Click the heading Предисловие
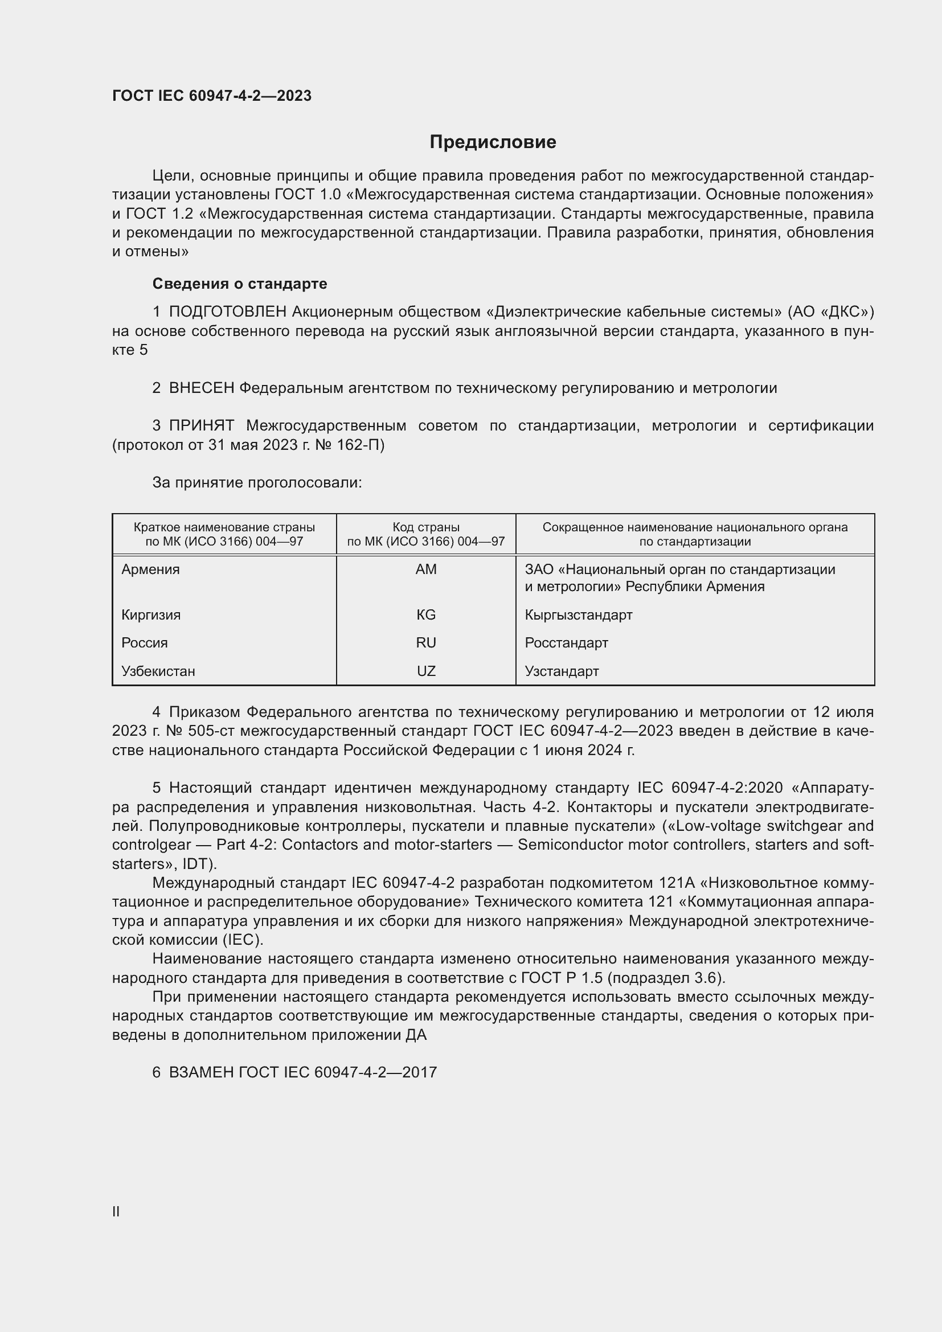[x=493, y=142]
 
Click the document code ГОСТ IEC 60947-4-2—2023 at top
[x=212, y=96]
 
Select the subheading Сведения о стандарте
[x=240, y=284]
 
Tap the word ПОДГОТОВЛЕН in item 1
[x=227, y=312]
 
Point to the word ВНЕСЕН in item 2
[x=201, y=388]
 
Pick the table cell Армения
[x=151, y=569]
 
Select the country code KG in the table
[x=426, y=614]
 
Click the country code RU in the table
[x=426, y=643]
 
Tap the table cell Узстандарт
[x=562, y=671]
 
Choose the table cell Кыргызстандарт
[x=578, y=614]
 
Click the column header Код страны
[x=426, y=527]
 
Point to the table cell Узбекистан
[x=158, y=671]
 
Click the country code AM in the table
[x=426, y=569]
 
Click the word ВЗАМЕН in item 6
[x=201, y=1072]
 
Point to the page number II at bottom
[x=116, y=1211]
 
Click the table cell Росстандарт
[x=566, y=643]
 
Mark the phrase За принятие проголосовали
[x=257, y=483]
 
